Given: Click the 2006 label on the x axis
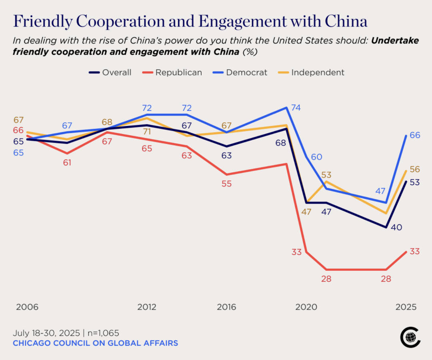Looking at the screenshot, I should (x=27, y=307).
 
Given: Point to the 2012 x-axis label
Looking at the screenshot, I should (x=147, y=307).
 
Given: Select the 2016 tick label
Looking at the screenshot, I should (x=226, y=307).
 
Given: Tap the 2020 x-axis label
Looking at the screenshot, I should (x=306, y=307).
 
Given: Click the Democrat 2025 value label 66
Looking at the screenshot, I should (x=415, y=136).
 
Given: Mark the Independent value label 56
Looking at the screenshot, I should (x=415, y=169).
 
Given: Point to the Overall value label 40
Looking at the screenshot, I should (x=396, y=227).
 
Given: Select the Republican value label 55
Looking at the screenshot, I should (x=226, y=184).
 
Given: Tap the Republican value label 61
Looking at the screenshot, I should (x=67, y=163).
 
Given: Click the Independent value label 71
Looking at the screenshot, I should (x=147, y=131).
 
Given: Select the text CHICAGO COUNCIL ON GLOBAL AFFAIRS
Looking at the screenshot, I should (x=95, y=343).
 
